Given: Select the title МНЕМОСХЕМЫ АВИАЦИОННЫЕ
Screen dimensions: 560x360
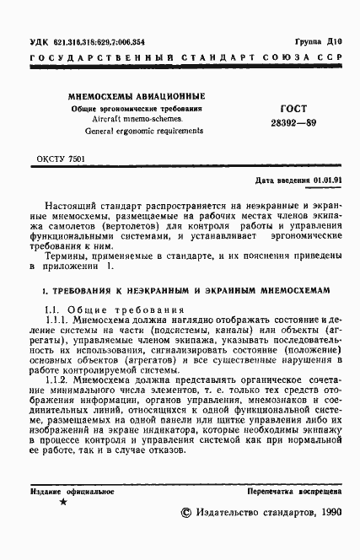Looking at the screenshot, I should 137,97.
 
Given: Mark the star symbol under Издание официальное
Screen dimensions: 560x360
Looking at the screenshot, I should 63,502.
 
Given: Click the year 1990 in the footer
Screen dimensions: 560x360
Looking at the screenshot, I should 325,512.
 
